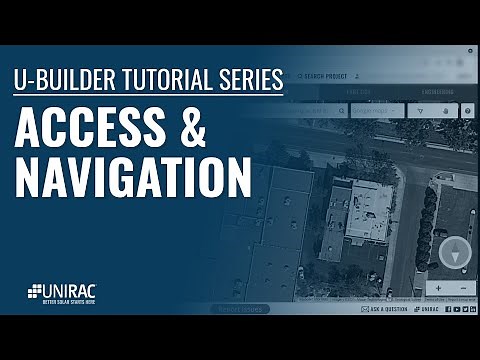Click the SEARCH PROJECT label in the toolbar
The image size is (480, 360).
point(327,75)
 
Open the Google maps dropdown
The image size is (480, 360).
point(377,111)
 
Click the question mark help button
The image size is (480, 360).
point(468,111)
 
